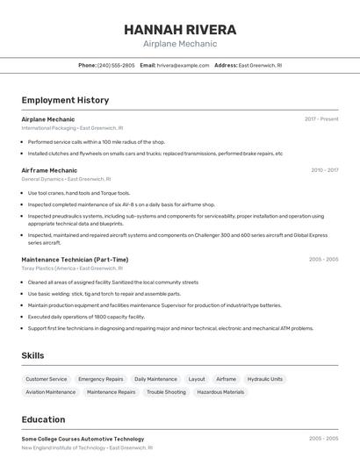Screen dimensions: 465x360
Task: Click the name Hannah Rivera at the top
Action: click(x=179, y=28)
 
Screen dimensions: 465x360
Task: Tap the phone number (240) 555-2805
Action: click(x=116, y=65)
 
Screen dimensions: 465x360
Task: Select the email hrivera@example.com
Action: click(x=184, y=65)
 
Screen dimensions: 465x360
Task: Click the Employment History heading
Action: click(x=65, y=100)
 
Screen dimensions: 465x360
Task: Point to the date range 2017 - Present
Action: click(x=321, y=118)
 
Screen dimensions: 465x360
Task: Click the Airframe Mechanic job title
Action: click(x=49, y=170)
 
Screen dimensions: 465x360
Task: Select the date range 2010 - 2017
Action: click(x=324, y=170)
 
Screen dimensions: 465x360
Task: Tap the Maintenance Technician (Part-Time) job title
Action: click(x=75, y=260)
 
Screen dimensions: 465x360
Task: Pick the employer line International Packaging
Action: click(x=72, y=127)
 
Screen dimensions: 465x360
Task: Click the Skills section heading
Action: click(x=32, y=355)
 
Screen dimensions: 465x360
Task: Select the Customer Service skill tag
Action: click(x=46, y=379)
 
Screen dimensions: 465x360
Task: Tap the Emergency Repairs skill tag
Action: click(x=100, y=379)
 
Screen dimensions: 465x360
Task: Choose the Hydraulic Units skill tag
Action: click(x=264, y=379)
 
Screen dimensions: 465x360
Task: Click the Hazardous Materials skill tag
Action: click(x=220, y=392)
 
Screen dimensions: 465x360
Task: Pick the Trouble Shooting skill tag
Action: click(x=166, y=392)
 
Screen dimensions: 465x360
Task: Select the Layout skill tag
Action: click(x=197, y=379)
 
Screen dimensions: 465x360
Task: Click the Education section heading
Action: click(x=43, y=419)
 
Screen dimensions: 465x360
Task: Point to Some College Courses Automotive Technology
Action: click(x=83, y=439)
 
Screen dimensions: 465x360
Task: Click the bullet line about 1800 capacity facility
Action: click(x=86, y=317)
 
